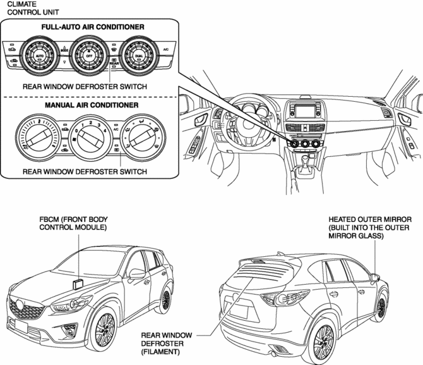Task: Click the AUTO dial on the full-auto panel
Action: [x=40, y=56]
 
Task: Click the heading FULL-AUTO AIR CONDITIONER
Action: [x=93, y=28]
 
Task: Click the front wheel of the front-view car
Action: [x=103, y=331]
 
